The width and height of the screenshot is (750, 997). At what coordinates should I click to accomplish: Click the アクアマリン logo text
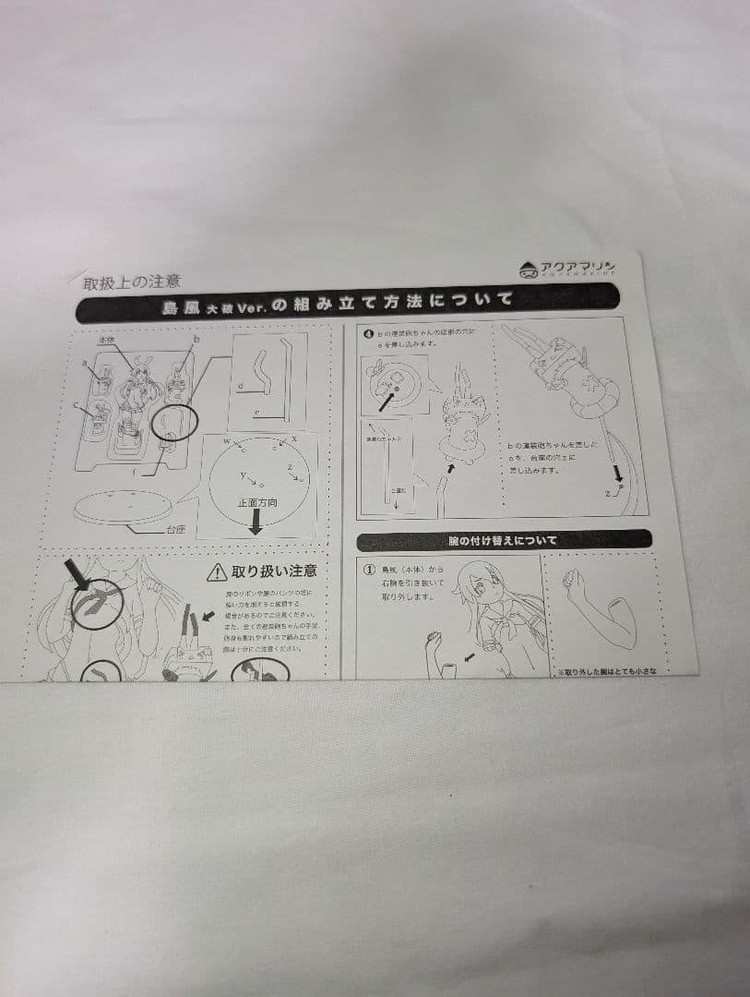coord(578,266)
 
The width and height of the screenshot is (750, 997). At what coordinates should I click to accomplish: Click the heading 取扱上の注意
coord(132,281)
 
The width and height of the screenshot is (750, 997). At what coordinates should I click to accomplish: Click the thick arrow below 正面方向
coord(256,523)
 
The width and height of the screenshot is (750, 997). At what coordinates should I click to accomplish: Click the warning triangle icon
coord(218,571)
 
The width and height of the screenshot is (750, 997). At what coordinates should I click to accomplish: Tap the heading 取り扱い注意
coord(273,571)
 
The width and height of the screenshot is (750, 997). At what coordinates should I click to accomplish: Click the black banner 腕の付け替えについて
coord(504,539)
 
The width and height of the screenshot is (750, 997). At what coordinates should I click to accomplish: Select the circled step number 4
coord(367,332)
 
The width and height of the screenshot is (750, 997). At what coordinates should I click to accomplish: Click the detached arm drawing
coord(600,606)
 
